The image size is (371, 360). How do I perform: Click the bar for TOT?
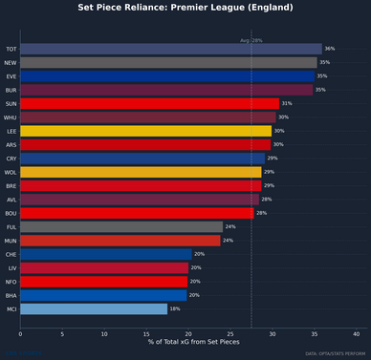[x=170, y=48]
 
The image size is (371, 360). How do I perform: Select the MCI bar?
[x=94, y=309]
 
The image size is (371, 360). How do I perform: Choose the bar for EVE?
[x=166, y=75]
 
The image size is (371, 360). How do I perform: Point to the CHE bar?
[x=105, y=255]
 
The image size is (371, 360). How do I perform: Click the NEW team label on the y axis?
[x=11, y=62]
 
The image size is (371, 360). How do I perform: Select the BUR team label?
[x=11, y=90]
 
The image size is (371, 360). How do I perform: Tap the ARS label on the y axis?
[x=11, y=144]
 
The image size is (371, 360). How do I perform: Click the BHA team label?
[x=11, y=296]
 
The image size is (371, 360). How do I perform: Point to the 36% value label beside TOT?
[x=330, y=48]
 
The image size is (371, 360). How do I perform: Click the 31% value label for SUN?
[x=287, y=103]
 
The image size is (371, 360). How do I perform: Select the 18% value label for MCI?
[x=175, y=309]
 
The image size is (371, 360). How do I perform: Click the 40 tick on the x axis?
[x=357, y=333]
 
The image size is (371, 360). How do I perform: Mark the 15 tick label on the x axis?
[x=146, y=333]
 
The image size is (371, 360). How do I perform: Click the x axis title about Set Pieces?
[x=188, y=342]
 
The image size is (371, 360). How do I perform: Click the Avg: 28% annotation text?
[x=251, y=40]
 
